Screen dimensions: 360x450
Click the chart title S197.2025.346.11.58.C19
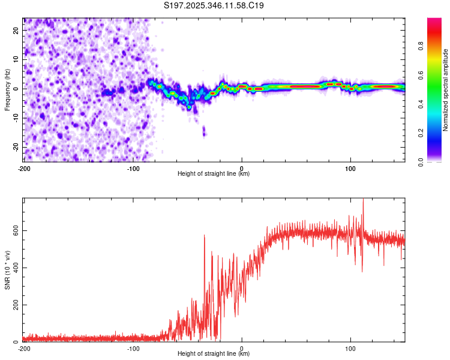[214, 6]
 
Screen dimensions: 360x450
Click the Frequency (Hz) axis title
[7, 89]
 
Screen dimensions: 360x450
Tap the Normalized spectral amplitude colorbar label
[446, 90]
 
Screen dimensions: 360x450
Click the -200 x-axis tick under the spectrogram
[24, 167]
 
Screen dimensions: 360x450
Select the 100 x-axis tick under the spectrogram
[350, 167]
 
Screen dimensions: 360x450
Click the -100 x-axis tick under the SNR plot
[133, 348]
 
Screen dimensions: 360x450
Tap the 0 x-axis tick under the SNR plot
[242, 348]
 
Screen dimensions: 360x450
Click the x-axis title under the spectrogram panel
[214, 174]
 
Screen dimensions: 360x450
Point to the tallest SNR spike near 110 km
[363, 200]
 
